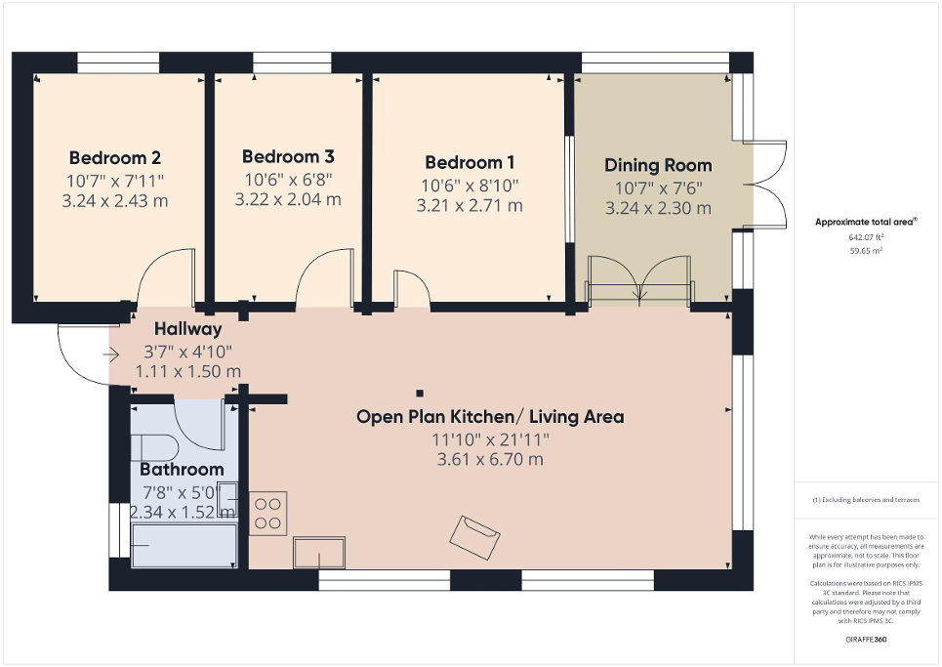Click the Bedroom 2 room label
click(x=114, y=158)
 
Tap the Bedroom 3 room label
click(x=288, y=156)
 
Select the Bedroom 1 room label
click(x=470, y=163)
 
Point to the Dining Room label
click(x=658, y=165)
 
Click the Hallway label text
click(x=187, y=330)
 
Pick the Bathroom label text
click(x=183, y=470)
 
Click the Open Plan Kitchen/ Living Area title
click(x=490, y=417)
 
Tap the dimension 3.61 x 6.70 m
click(x=490, y=460)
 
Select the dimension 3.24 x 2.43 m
click(x=114, y=201)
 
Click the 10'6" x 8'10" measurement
click(x=470, y=185)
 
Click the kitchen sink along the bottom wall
click(x=319, y=552)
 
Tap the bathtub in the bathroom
click(x=184, y=546)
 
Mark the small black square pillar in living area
click(x=420, y=394)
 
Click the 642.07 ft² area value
click(x=865, y=236)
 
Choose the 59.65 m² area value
click(x=865, y=250)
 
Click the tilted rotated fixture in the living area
click(x=474, y=536)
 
